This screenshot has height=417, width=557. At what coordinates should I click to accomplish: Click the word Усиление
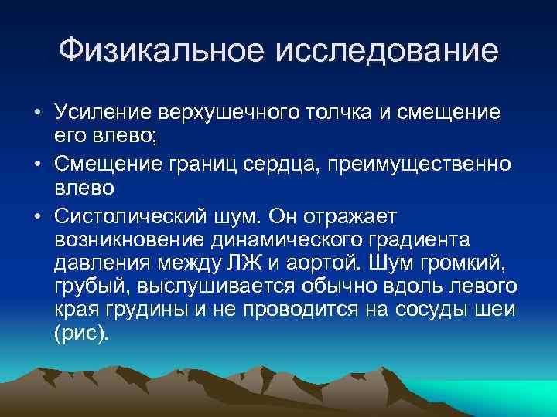click(x=103, y=113)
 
